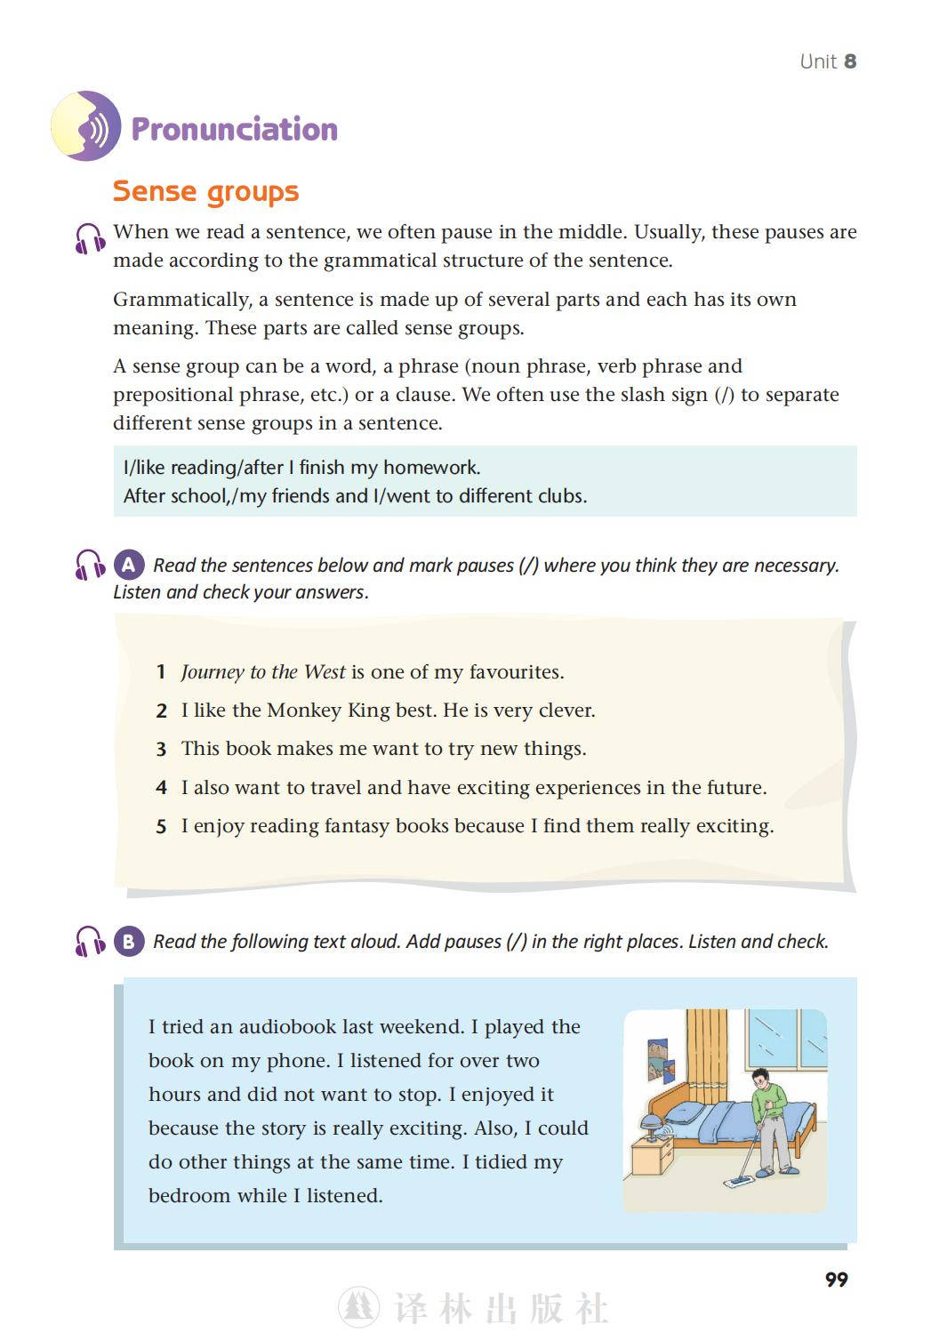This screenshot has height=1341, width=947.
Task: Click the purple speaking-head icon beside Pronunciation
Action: [85, 125]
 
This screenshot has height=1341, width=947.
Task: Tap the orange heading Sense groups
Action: [205, 191]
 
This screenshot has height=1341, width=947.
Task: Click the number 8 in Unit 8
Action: [850, 61]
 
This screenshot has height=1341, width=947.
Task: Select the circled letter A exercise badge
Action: [129, 565]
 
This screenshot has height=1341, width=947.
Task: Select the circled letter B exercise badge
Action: [129, 941]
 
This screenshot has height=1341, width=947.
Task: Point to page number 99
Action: [836, 1280]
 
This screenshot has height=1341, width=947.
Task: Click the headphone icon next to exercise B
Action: [90, 941]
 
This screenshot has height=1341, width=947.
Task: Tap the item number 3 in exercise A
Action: [161, 750]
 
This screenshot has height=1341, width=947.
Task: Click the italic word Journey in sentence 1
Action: [213, 672]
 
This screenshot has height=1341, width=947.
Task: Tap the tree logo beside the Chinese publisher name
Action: [359, 1308]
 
